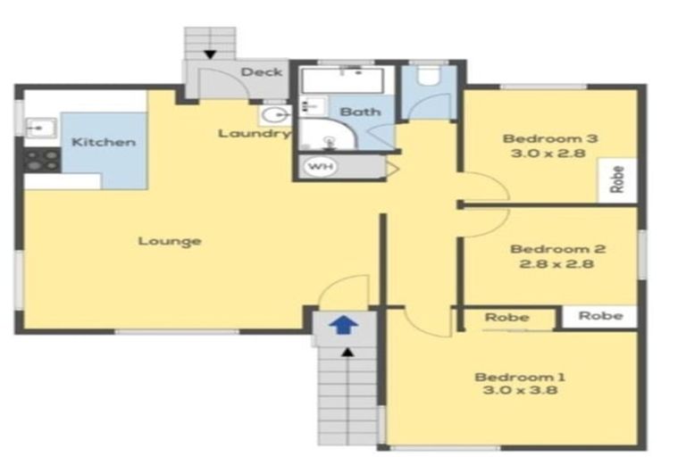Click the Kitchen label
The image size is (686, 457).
pyautogui.click(x=104, y=142)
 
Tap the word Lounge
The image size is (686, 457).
pyautogui.click(x=170, y=241)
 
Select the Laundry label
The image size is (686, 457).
pyautogui.click(x=255, y=134)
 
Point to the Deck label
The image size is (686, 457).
pyautogui.click(x=262, y=72)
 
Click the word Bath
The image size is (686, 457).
pyautogui.click(x=360, y=112)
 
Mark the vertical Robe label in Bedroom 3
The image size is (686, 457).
pyautogui.click(x=616, y=180)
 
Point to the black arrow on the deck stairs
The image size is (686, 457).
pyautogui.click(x=209, y=55)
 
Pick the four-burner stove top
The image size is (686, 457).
pyautogui.click(x=41, y=160)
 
